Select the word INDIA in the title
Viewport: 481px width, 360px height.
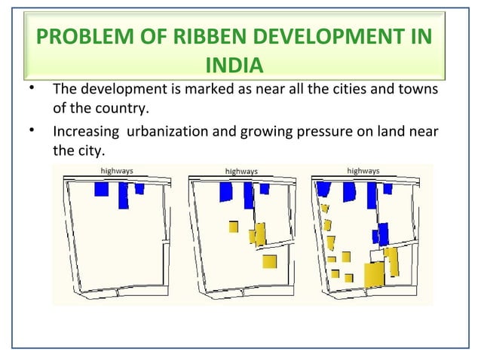[234, 66]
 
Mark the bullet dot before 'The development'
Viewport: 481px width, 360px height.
[29, 89]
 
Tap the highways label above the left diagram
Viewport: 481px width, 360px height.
[117, 171]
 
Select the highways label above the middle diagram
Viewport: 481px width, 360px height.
[241, 171]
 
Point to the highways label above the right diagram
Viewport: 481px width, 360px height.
[363, 171]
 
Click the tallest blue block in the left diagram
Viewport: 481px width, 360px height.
[123, 195]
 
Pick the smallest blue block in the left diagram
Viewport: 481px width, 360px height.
[139, 188]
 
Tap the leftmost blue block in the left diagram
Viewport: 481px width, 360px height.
[102, 188]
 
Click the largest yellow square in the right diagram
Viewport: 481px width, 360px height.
[374, 274]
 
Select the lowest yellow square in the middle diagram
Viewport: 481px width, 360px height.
[269, 261]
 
